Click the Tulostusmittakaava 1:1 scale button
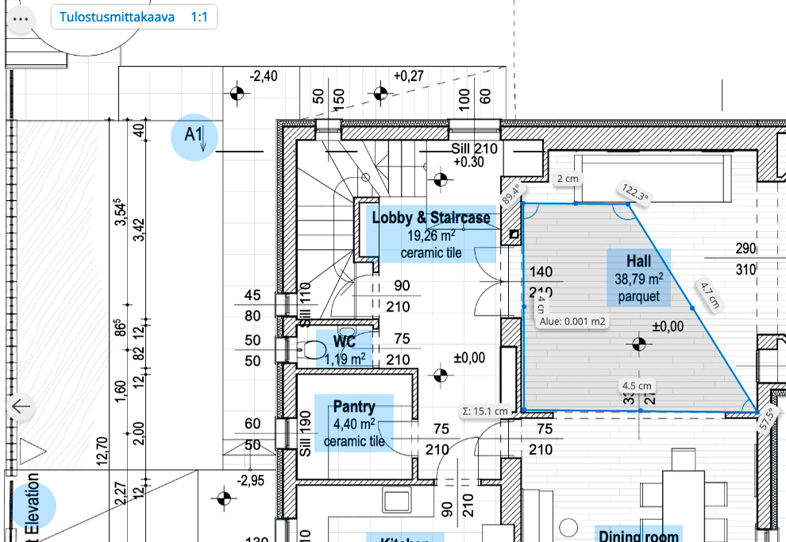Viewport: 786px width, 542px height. click(x=133, y=17)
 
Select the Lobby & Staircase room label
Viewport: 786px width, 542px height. click(x=431, y=234)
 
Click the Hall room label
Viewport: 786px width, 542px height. click(x=638, y=278)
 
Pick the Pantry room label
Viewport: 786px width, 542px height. click(x=354, y=423)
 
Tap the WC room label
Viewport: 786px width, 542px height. click(x=345, y=349)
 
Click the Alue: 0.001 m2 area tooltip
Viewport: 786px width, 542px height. click(x=573, y=322)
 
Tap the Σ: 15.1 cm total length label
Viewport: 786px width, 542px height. click(x=485, y=411)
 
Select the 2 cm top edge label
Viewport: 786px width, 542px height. click(x=568, y=179)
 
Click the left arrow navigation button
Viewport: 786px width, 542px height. click(x=21, y=407)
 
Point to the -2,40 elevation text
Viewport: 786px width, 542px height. click(x=264, y=76)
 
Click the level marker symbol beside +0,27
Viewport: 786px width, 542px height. click(x=380, y=94)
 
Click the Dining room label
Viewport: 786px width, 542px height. click(x=638, y=536)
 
